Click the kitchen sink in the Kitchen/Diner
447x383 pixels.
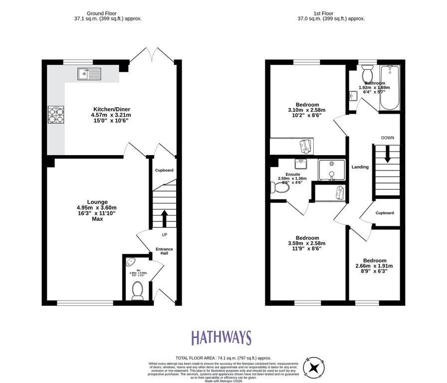pyautogui.click(x=89, y=74)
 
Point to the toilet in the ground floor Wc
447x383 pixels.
pyautogui.click(x=137, y=290)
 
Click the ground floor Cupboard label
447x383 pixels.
pyautogui.click(x=164, y=171)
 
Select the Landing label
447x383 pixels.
pyautogui.click(x=360, y=167)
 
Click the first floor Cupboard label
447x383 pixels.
pyautogui.click(x=384, y=213)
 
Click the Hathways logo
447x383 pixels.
pyautogui.click(x=222, y=338)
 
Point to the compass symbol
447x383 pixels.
pyautogui.click(x=315, y=368)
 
